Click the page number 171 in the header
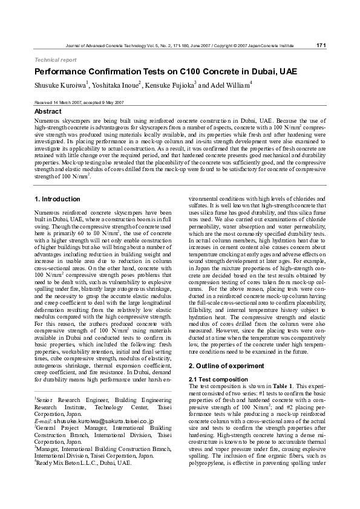[x=321, y=45]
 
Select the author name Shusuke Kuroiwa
[x=60, y=86]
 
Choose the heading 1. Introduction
[x=57, y=199]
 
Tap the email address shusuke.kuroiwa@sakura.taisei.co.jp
[x=102, y=421]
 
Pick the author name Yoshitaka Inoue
[x=116, y=86]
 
